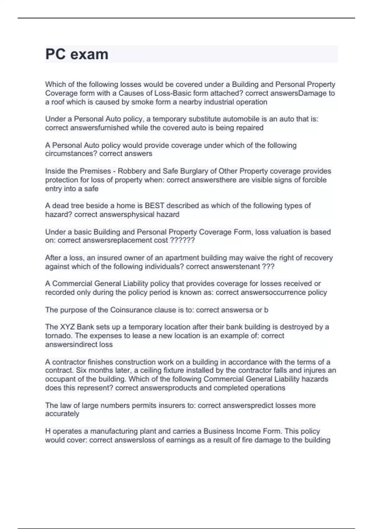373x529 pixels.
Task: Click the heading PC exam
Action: tap(77, 54)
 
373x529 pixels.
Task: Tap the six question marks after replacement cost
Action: tap(183, 241)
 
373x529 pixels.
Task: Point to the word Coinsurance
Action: tap(132, 310)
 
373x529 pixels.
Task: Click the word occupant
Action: tap(59, 379)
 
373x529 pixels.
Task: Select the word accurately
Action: tap(62, 414)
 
